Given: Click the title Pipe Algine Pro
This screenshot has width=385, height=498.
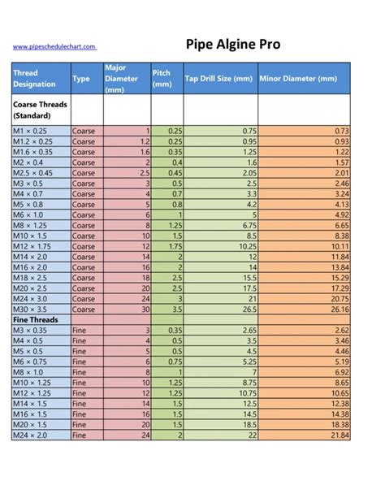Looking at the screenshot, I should coord(233,44).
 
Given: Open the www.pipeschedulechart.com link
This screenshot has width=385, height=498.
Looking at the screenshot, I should coord(54,47).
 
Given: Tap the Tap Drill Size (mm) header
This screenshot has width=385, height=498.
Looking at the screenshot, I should coord(219,79).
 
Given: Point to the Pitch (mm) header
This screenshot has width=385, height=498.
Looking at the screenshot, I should coord(162,78).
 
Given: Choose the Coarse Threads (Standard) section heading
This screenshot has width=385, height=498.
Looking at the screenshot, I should coord(40,110).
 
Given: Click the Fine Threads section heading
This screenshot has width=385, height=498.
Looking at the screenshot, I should coord(37,320).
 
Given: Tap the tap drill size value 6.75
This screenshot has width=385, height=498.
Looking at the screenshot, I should coord(249,225).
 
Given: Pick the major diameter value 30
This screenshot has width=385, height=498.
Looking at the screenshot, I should coord(145,310).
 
